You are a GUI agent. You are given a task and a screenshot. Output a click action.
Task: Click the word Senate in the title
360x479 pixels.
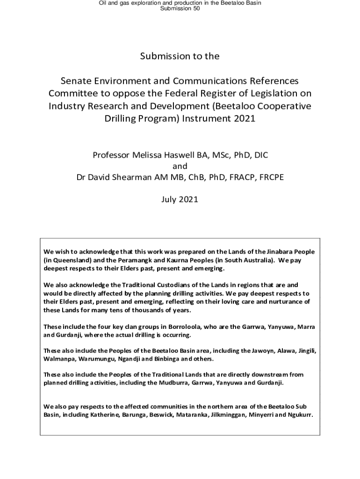[x=79, y=81]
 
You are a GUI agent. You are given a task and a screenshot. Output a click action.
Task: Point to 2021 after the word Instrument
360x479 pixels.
[x=244, y=118]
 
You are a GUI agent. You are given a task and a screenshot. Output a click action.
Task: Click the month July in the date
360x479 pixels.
[x=170, y=199]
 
